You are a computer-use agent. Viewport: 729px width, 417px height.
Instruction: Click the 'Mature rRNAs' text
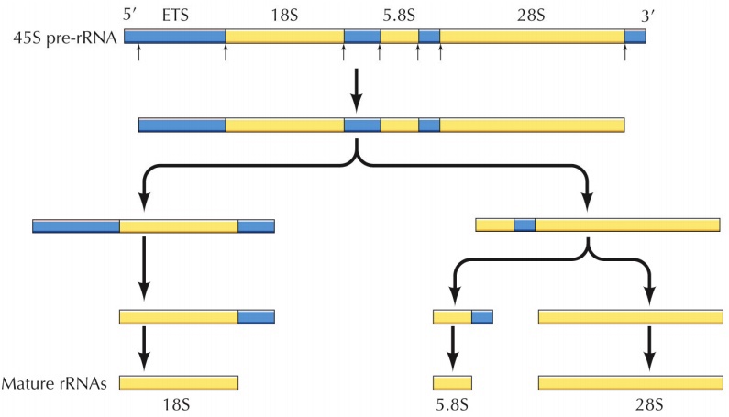56,384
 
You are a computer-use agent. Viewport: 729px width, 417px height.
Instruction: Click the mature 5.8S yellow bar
452,382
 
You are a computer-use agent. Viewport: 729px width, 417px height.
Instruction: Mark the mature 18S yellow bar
178,382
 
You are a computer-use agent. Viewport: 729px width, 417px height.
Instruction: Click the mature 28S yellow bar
630,382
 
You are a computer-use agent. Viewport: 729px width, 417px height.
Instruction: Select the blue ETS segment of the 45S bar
174,37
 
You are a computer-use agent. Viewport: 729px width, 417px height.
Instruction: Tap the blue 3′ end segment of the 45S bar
635,37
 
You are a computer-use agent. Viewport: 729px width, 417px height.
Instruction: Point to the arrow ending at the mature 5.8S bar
451,349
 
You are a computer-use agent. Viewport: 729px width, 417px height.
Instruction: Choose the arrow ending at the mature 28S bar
649,349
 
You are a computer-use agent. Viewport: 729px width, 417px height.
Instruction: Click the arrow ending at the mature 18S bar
143,349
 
